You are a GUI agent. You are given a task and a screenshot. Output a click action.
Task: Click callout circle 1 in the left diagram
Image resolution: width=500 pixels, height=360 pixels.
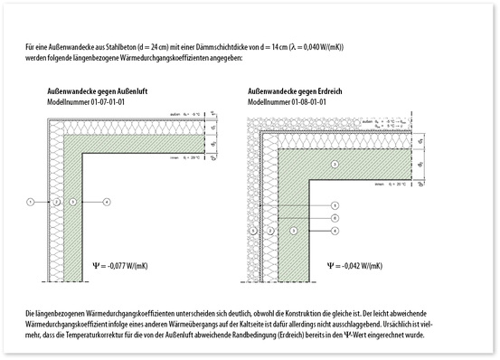(x=30, y=200)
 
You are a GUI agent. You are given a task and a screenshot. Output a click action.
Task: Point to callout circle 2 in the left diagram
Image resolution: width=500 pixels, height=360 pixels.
(x=55, y=200)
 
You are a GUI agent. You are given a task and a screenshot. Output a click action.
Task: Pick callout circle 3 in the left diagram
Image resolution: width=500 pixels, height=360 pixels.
(x=71, y=200)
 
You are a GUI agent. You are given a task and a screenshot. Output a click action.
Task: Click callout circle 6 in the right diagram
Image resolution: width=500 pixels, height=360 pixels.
(x=335, y=218)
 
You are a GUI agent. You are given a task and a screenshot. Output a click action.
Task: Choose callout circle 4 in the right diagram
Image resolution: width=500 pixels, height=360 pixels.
(x=335, y=231)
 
